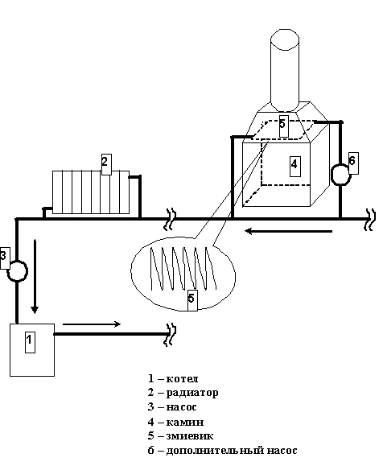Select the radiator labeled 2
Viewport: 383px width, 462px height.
[x=91, y=192]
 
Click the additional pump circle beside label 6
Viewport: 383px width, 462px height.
[x=340, y=175]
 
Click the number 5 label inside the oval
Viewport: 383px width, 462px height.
[x=192, y=300]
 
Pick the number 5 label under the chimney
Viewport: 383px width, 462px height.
[x=283, y=126]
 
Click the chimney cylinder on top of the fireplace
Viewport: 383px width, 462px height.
[x=285, y=70]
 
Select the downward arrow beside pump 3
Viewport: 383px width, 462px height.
[x=35, y=276]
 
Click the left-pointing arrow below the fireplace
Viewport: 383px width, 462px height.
[x=289, y=231]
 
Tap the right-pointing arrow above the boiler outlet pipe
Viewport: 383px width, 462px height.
[x=92, y=324]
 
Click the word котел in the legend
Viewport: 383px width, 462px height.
[x=182, y=378]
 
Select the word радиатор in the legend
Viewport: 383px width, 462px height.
[x=192, y=393]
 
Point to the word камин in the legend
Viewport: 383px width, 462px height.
[x=185, y=422]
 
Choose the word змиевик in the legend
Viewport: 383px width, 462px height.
[x=190, y=435]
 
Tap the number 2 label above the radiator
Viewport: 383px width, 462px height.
[x=106, y=164]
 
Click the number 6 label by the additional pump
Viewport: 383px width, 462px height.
[x=353, y=163]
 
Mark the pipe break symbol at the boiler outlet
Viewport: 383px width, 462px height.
[x=171, y=335]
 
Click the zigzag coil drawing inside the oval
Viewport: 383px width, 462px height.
[x=183, y=269]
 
